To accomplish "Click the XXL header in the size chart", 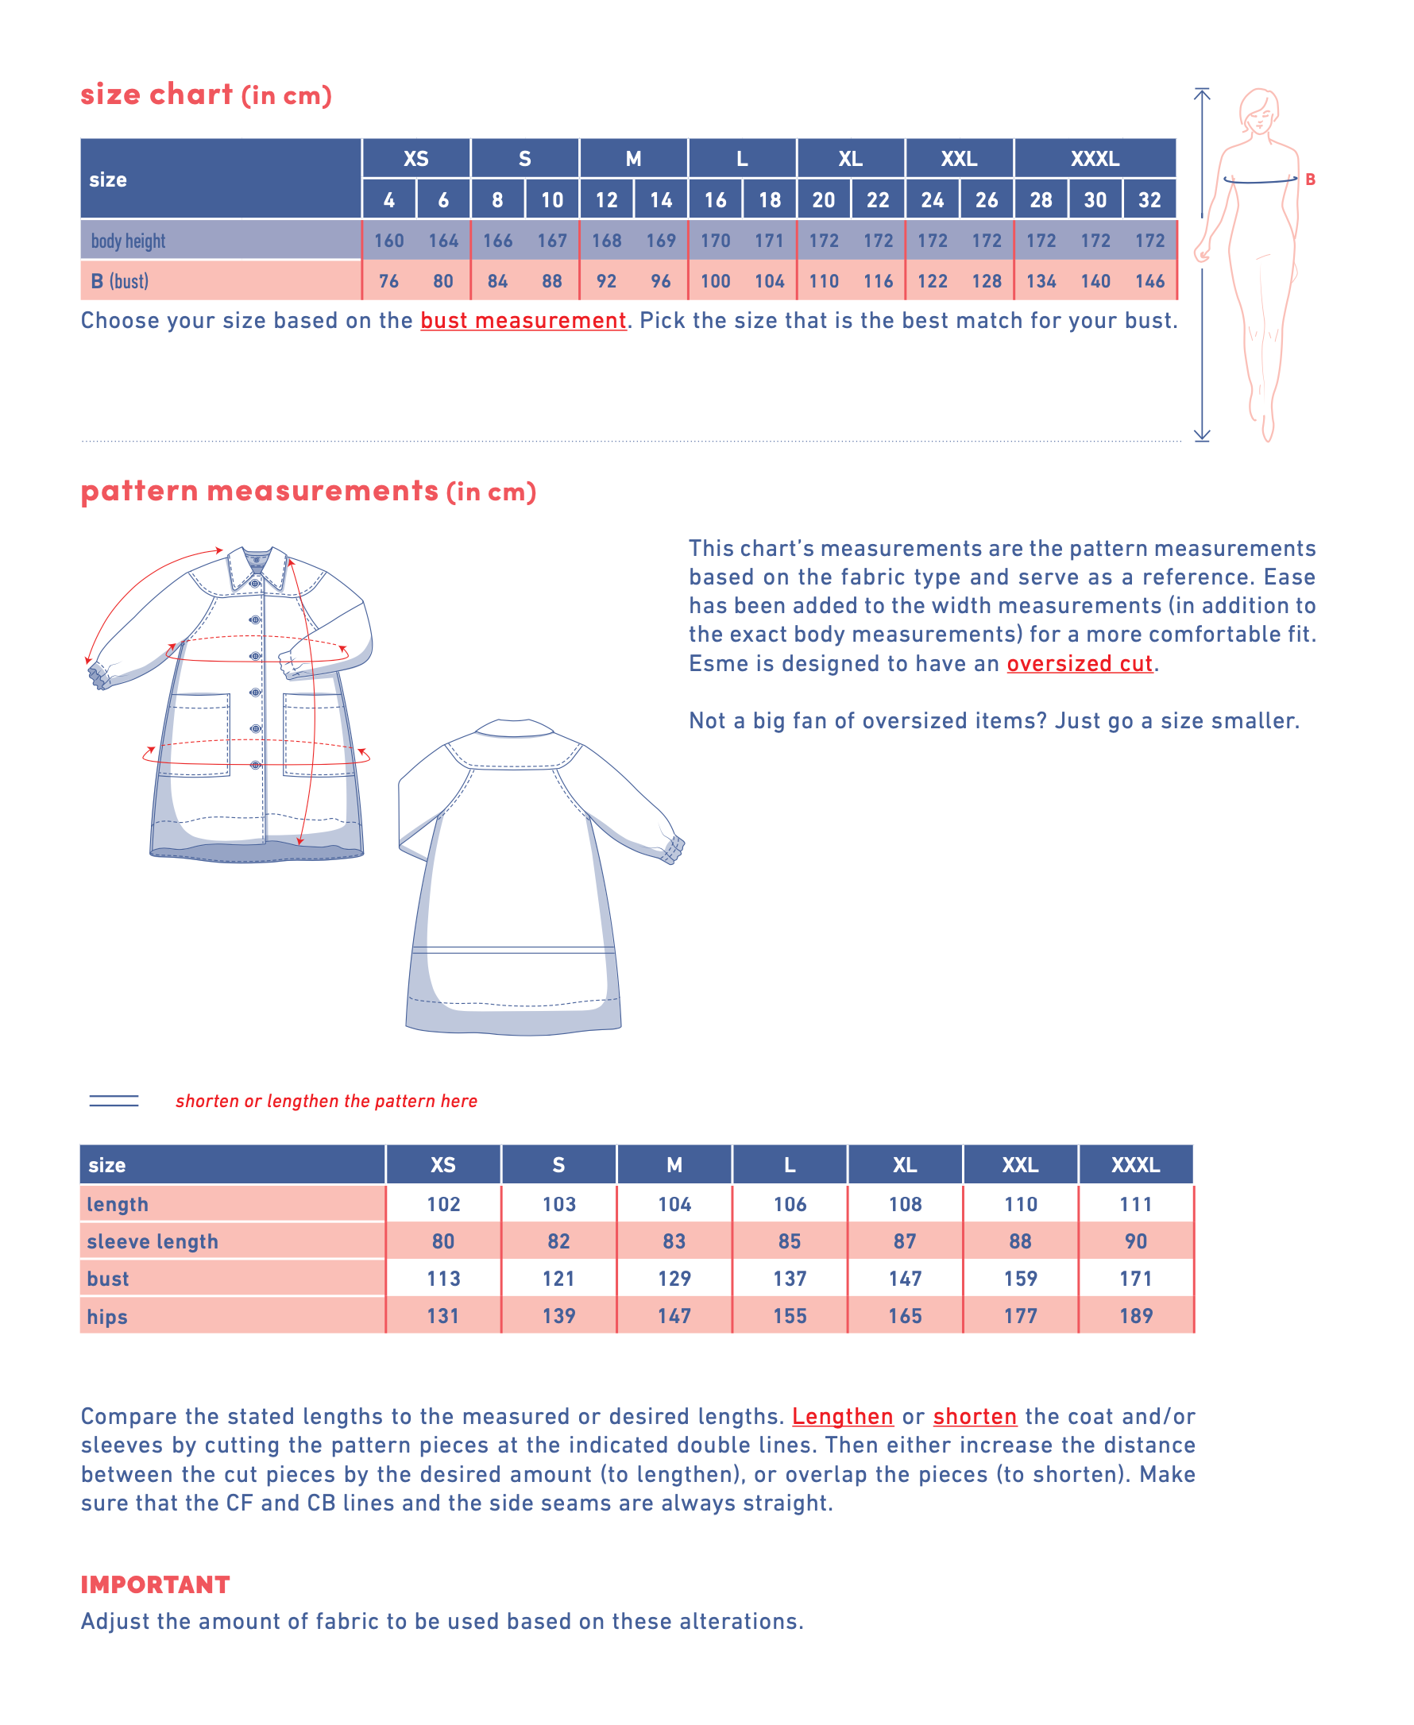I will click(x=959, y=159).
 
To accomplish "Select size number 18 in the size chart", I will click(x=769, y=199).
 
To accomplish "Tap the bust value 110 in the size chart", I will click(x=824, y=281).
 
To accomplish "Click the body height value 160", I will click(x=388, y=241).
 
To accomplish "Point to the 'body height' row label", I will click(x=128, y=241).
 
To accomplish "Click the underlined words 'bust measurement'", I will click(x=523, y=321).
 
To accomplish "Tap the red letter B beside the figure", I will click(x=1310, y=179).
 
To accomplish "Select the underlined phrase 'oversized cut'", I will click(x=1080, y=664).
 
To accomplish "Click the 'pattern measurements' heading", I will click(x=259, y=491).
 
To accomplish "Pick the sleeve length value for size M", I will click(x=674, y=1241).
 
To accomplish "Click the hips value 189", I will click(x=1135, y=1316).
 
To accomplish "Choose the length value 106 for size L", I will click(x=790, y=1204).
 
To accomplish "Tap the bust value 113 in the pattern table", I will click(x=443, y=1279).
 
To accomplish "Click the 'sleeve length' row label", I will click(x=153, y=1241).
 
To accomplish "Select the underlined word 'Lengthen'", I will click(x=842, y=1416).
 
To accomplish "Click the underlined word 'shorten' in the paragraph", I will click(x=974, y=1416).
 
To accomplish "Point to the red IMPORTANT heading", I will click(x=155, y=1584).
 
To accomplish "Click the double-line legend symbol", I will click(x=114, y=1100).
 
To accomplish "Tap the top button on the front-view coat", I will click(x=255, y=583).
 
